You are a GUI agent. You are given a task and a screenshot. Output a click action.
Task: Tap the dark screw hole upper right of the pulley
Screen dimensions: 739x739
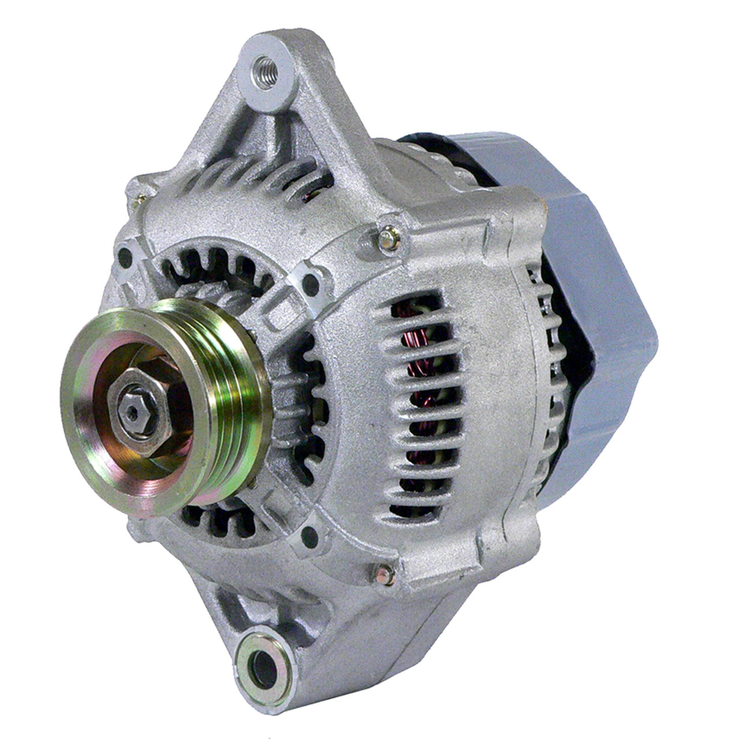click(x=312, y=281)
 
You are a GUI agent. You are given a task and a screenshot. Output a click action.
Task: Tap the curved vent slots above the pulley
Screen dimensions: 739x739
click(x=219, y=271)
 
